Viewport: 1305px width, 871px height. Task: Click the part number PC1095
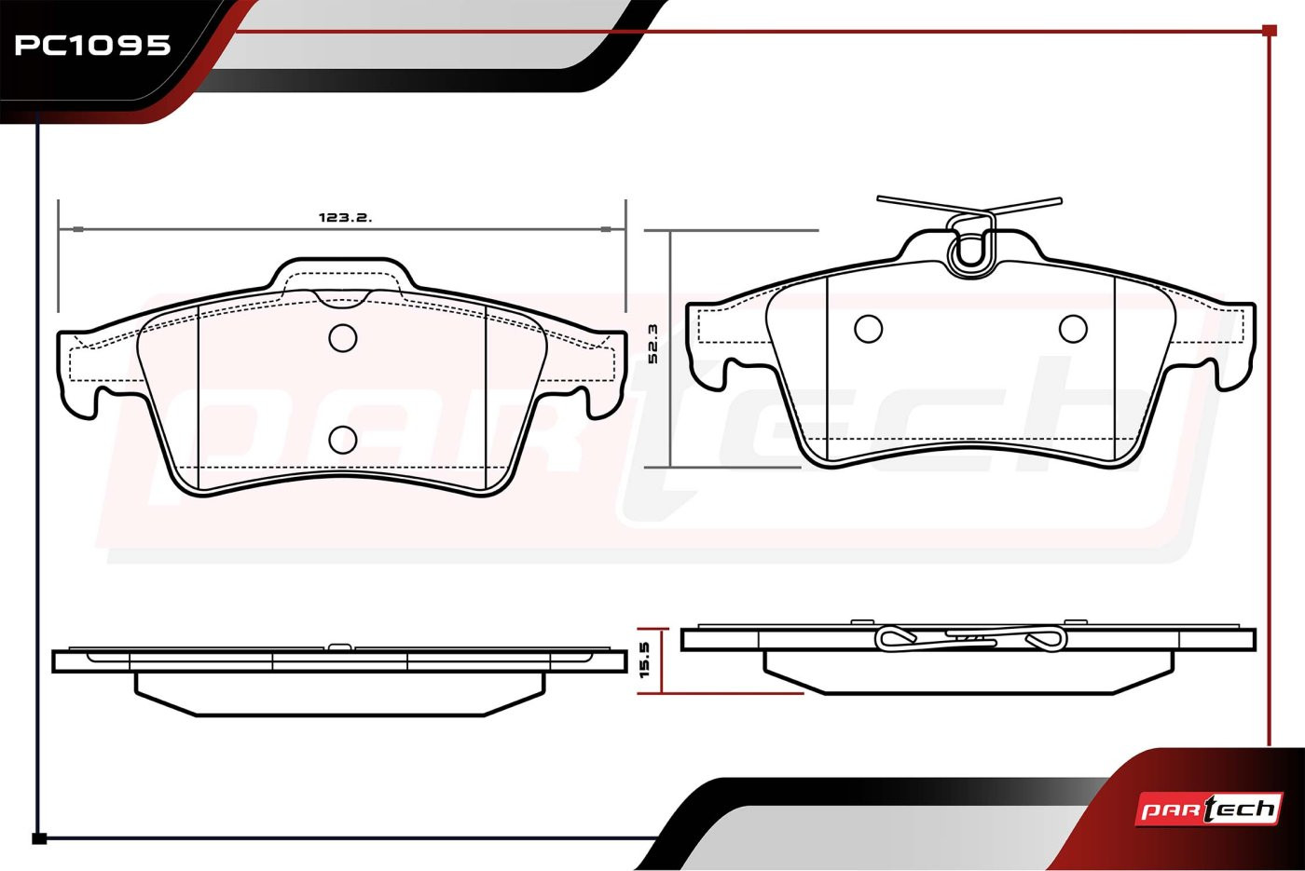(92, 46)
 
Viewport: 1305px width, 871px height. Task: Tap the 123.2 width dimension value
(345, 218)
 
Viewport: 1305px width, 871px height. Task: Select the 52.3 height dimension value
(652, 344)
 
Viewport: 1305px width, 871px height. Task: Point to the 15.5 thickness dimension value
(644, 660)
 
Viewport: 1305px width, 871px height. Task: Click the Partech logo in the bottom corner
(1208, 810)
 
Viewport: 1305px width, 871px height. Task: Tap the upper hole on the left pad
(343, 337)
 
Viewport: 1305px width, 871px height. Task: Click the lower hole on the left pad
(343, 440)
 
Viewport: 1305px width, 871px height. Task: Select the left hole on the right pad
(868, 329)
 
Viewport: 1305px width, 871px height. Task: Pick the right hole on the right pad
(1073, 329)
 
